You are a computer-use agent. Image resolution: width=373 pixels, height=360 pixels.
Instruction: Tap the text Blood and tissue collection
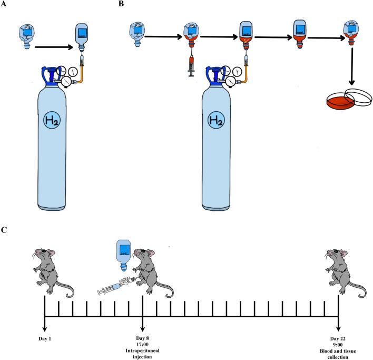[338, 349]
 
